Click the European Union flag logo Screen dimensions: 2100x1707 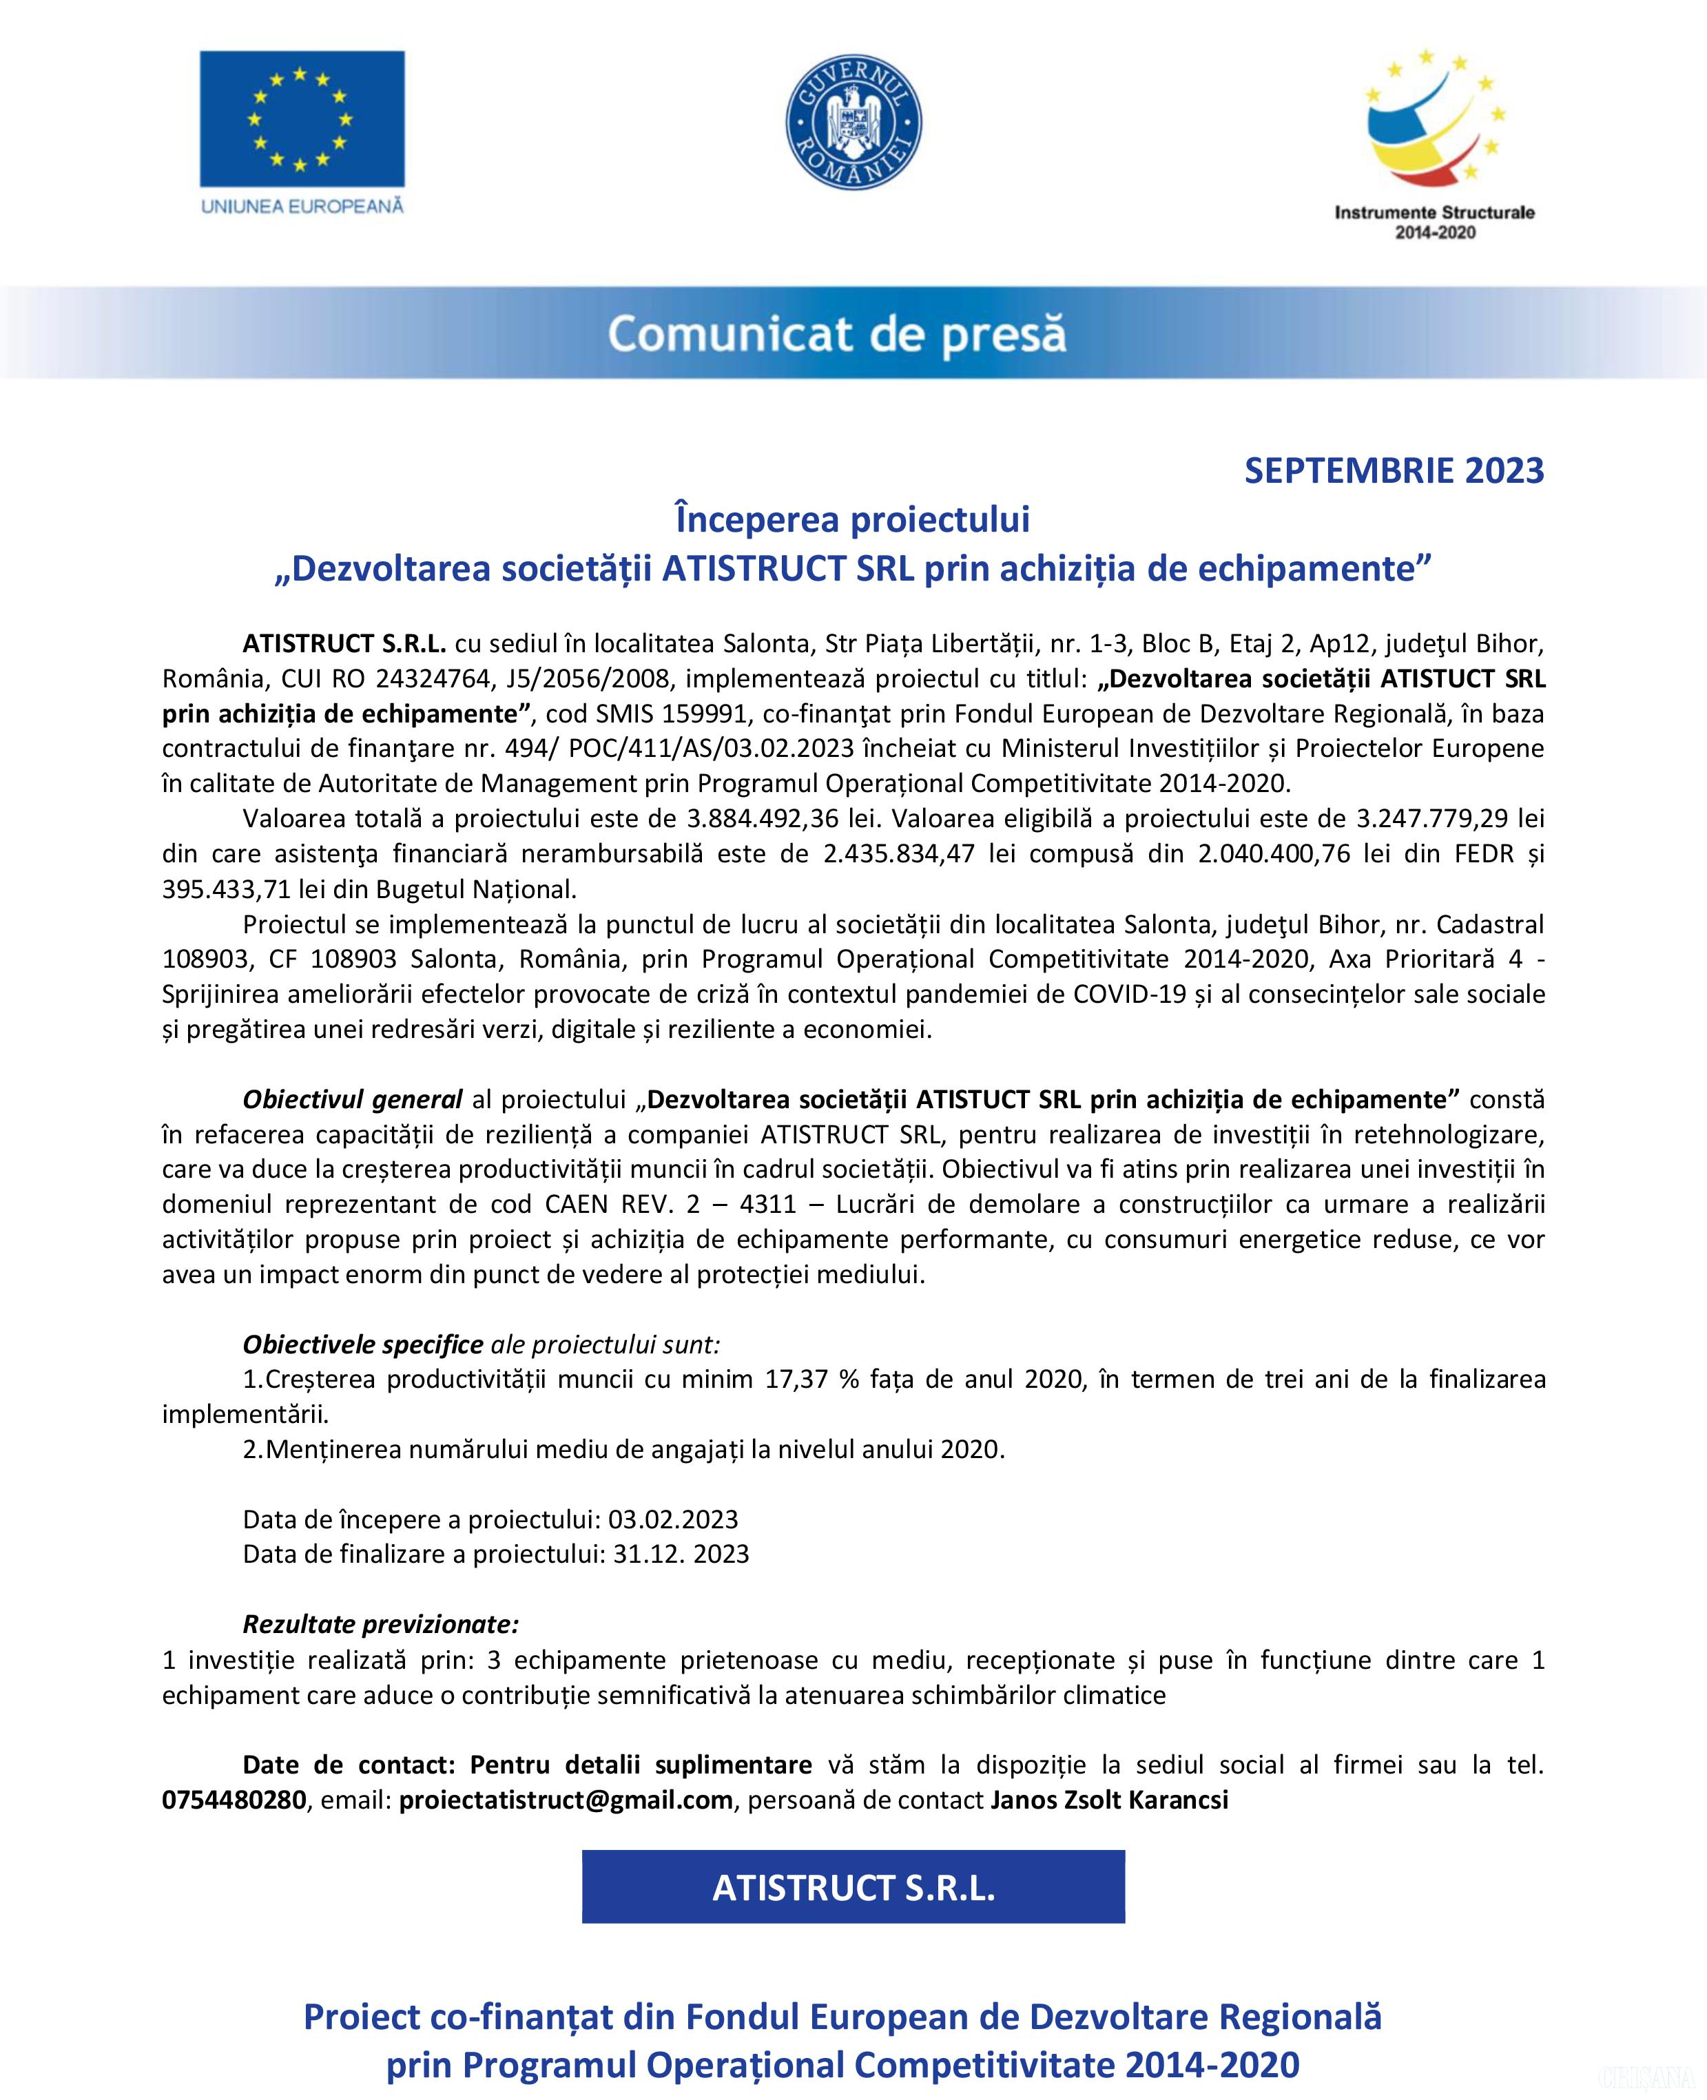click(x=302, y=119)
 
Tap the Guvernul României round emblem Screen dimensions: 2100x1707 click(x=853, y=122)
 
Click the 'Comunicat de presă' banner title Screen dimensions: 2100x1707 click(x=837, y=334)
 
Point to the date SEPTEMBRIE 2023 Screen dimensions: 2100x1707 click(x=1394, y=471)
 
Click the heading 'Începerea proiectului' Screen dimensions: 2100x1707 click(x=853, y=519)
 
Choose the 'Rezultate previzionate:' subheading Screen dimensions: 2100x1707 click(x=380, y=1624)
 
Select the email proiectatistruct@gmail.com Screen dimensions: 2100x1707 click(x=566, y=1799)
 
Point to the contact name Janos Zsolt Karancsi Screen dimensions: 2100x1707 click(x=1109, y=1799)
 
